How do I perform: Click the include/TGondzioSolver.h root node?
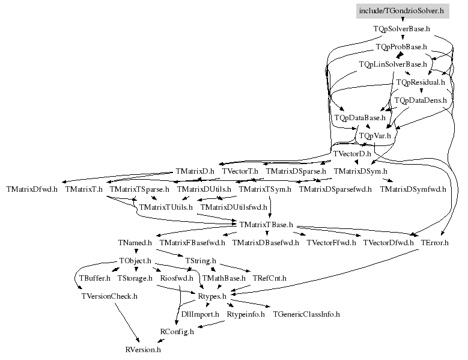coord(402,10)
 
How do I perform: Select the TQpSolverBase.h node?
coord(402,28)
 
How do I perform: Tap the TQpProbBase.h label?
coord(401,46)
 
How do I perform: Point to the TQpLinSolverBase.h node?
coord(393,64)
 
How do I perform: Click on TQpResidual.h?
coord(421,82)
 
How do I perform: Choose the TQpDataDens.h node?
coord(421,100)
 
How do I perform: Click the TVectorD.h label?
coord(352,154)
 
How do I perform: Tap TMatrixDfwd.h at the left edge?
coord(32,189)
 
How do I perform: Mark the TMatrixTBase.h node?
coord(266,225)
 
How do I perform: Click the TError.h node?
coord(435,243)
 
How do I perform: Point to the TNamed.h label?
coord(135,243)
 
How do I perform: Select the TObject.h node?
coord(135,261)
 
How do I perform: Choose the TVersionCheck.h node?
coord(109,296)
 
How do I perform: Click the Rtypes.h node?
coord(212,296)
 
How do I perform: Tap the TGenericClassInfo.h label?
coord(306,314)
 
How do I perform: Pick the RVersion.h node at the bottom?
coord(143,349)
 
